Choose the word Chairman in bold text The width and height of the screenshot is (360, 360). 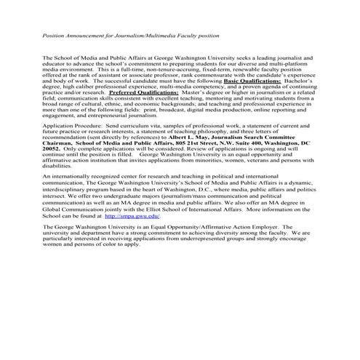(59, 142)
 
